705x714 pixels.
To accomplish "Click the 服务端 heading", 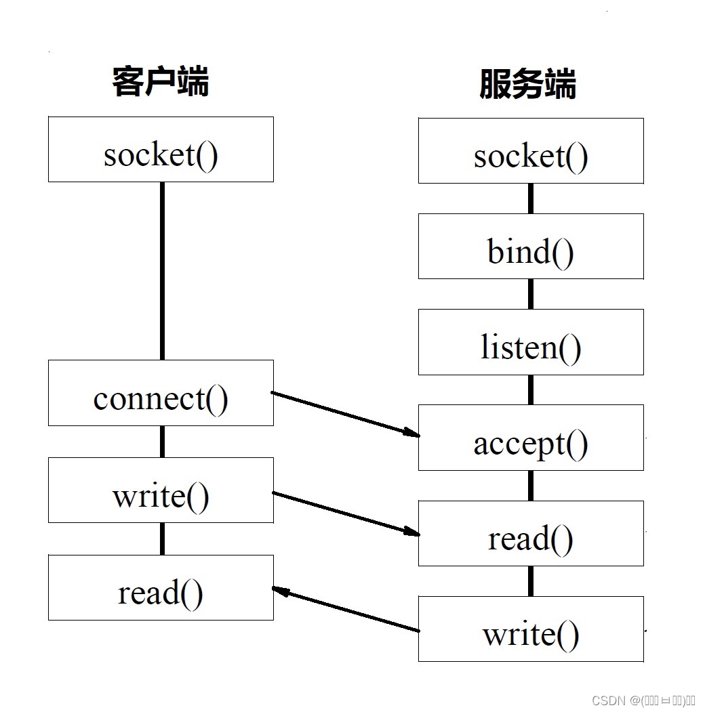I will (x=527, y=85).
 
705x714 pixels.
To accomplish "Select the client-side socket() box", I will (x=161, y=149).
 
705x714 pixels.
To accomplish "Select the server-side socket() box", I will (x=531, y=150).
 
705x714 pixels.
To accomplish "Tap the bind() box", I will (x=531, y=247).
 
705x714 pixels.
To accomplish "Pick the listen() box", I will (x=531, y=342).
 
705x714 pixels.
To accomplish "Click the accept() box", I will (x=531, y=438).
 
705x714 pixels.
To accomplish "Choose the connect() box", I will (x=161, y=393).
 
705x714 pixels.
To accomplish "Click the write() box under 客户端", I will (x=161, y=490).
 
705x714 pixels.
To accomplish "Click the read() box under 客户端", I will (x=161, y=587).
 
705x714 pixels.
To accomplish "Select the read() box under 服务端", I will (x=531, y=534).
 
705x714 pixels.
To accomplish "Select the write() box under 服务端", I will (x=531, y=629).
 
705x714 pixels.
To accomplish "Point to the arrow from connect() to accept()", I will (x=345, y=413).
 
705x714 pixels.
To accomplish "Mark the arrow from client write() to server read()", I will (x=345, y=513).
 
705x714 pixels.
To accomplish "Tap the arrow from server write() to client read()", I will (x=345, y=610).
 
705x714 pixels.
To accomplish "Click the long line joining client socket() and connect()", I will (x=162, y=271).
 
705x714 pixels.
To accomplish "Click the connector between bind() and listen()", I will (x=531, y=294).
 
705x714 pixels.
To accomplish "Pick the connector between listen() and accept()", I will (x=531, y=390).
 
